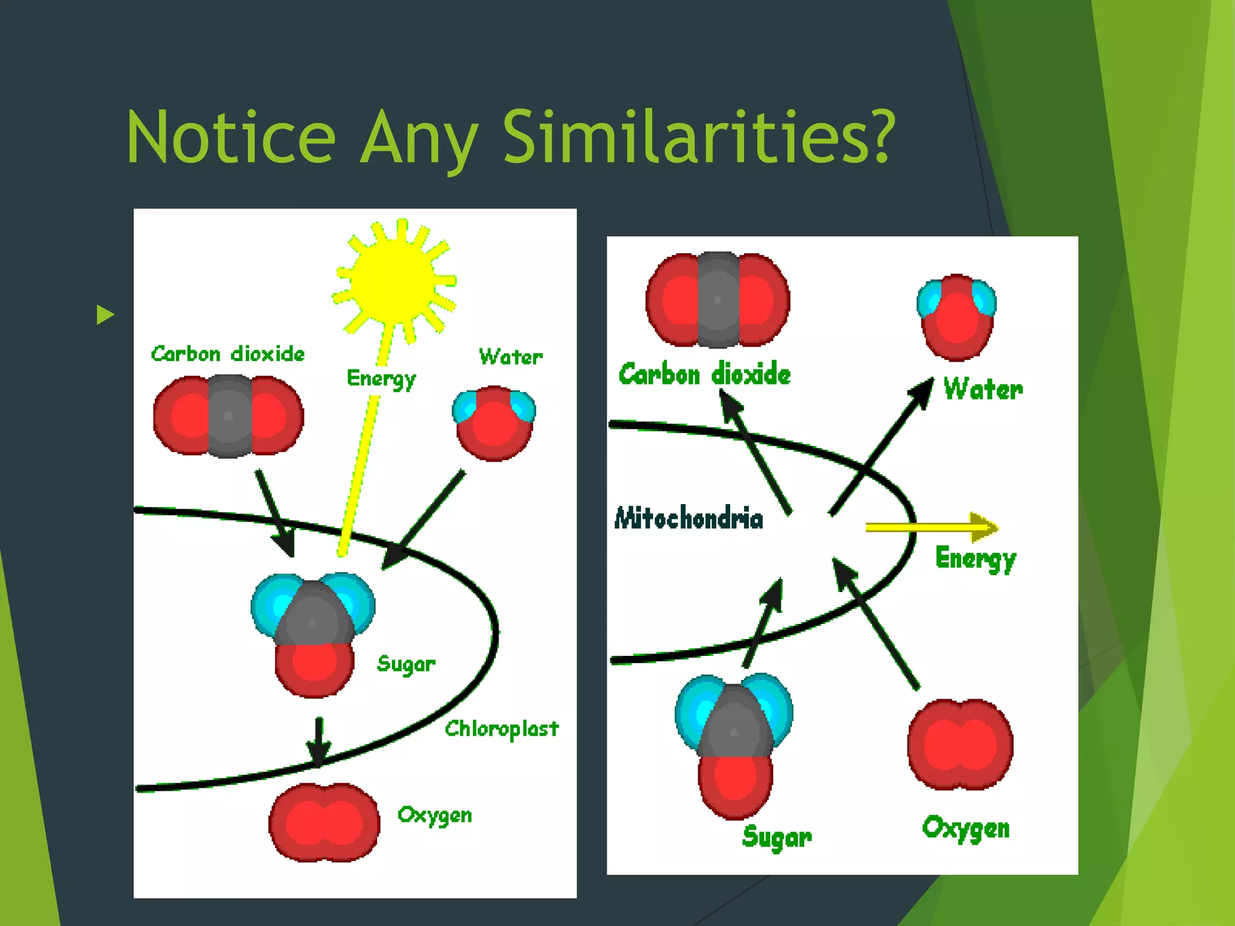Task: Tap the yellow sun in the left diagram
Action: click(x=393, y=280)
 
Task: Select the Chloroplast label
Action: click(x=502, y=729)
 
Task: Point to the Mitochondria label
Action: click(x=689, y=518)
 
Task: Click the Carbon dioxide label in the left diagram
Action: click(x=228, y=354)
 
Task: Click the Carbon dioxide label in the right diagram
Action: click(x=704, y=374)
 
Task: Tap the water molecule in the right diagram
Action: click(x=956, y=317)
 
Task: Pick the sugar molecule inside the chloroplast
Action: click(x=313, y=633)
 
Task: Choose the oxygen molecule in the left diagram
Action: click(x=324, y=822)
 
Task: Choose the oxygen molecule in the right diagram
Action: click(x=960, y=745)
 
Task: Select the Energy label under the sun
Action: click(x=381, y=379)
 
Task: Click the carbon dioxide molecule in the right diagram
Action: click(x=718, y=300)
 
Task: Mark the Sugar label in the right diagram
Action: click(x=777, y=837)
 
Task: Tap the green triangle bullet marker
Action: click(x=105, y=314)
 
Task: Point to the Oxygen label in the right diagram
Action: click(x=965, y=828)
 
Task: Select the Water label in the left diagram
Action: click(x=511, y=357)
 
